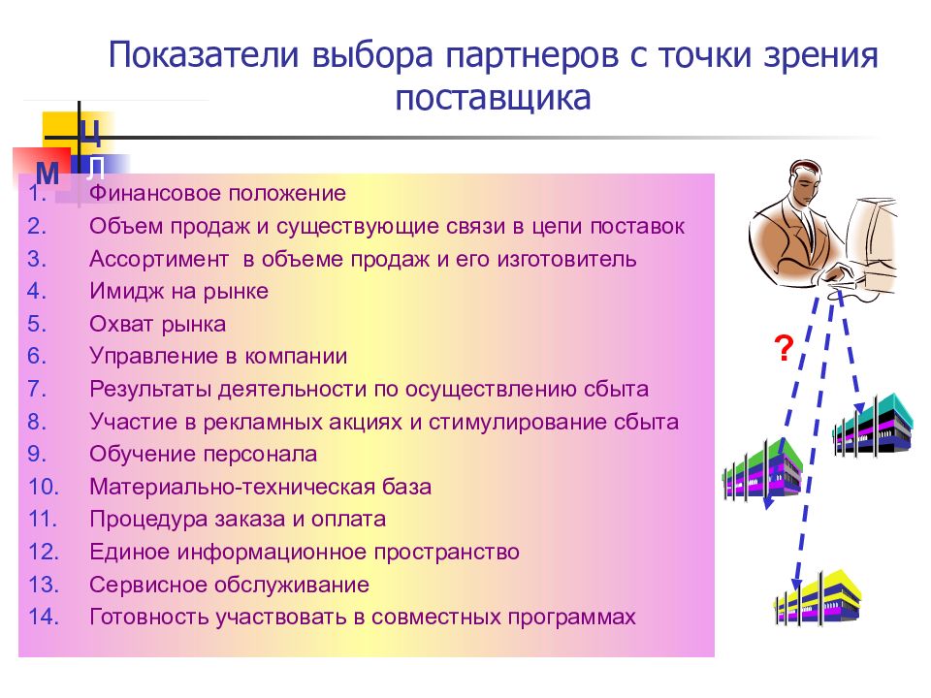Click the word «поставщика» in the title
click(x=493, y=98)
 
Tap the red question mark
click(x=785, y=348)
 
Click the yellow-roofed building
click(x=818, y=596)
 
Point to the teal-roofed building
click(x=873, y=425)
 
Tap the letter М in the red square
click(x=48, y=174)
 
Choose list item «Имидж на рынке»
click(x=178, y=291)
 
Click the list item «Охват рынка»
click(x=158, y=324)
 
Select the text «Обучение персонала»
click(x=203, y=454)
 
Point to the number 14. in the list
click(x=44, y=617)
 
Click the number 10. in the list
click(x=44, y=487)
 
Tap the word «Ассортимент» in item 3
click(x=159, y=260)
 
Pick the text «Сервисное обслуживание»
click(x=230, y=585)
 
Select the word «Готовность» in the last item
click(x=149, y=618)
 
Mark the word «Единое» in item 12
click(x=130, y=552)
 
